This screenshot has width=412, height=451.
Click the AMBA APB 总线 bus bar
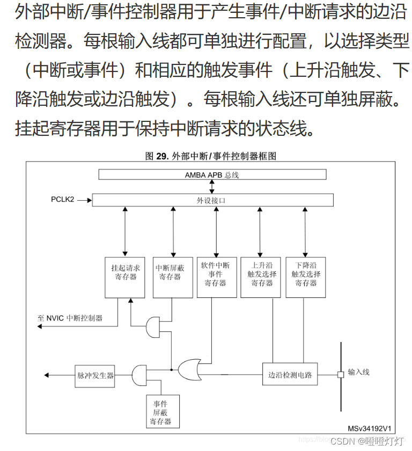click(x=212, y=174)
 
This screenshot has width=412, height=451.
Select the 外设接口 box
click(x=212, y=200)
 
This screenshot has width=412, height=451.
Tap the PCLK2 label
click(x=63, y=200)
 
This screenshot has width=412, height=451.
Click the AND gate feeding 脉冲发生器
click(x=139, y=374)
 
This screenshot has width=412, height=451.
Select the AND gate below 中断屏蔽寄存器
click(x=153, y=324)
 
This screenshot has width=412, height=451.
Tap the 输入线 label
click(x=359, y=372)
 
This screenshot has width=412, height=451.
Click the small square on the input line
click(x=340, y=374)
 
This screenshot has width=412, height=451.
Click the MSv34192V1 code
click(x=370, y=428)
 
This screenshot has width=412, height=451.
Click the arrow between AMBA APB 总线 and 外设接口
click(x=212, y=186)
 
